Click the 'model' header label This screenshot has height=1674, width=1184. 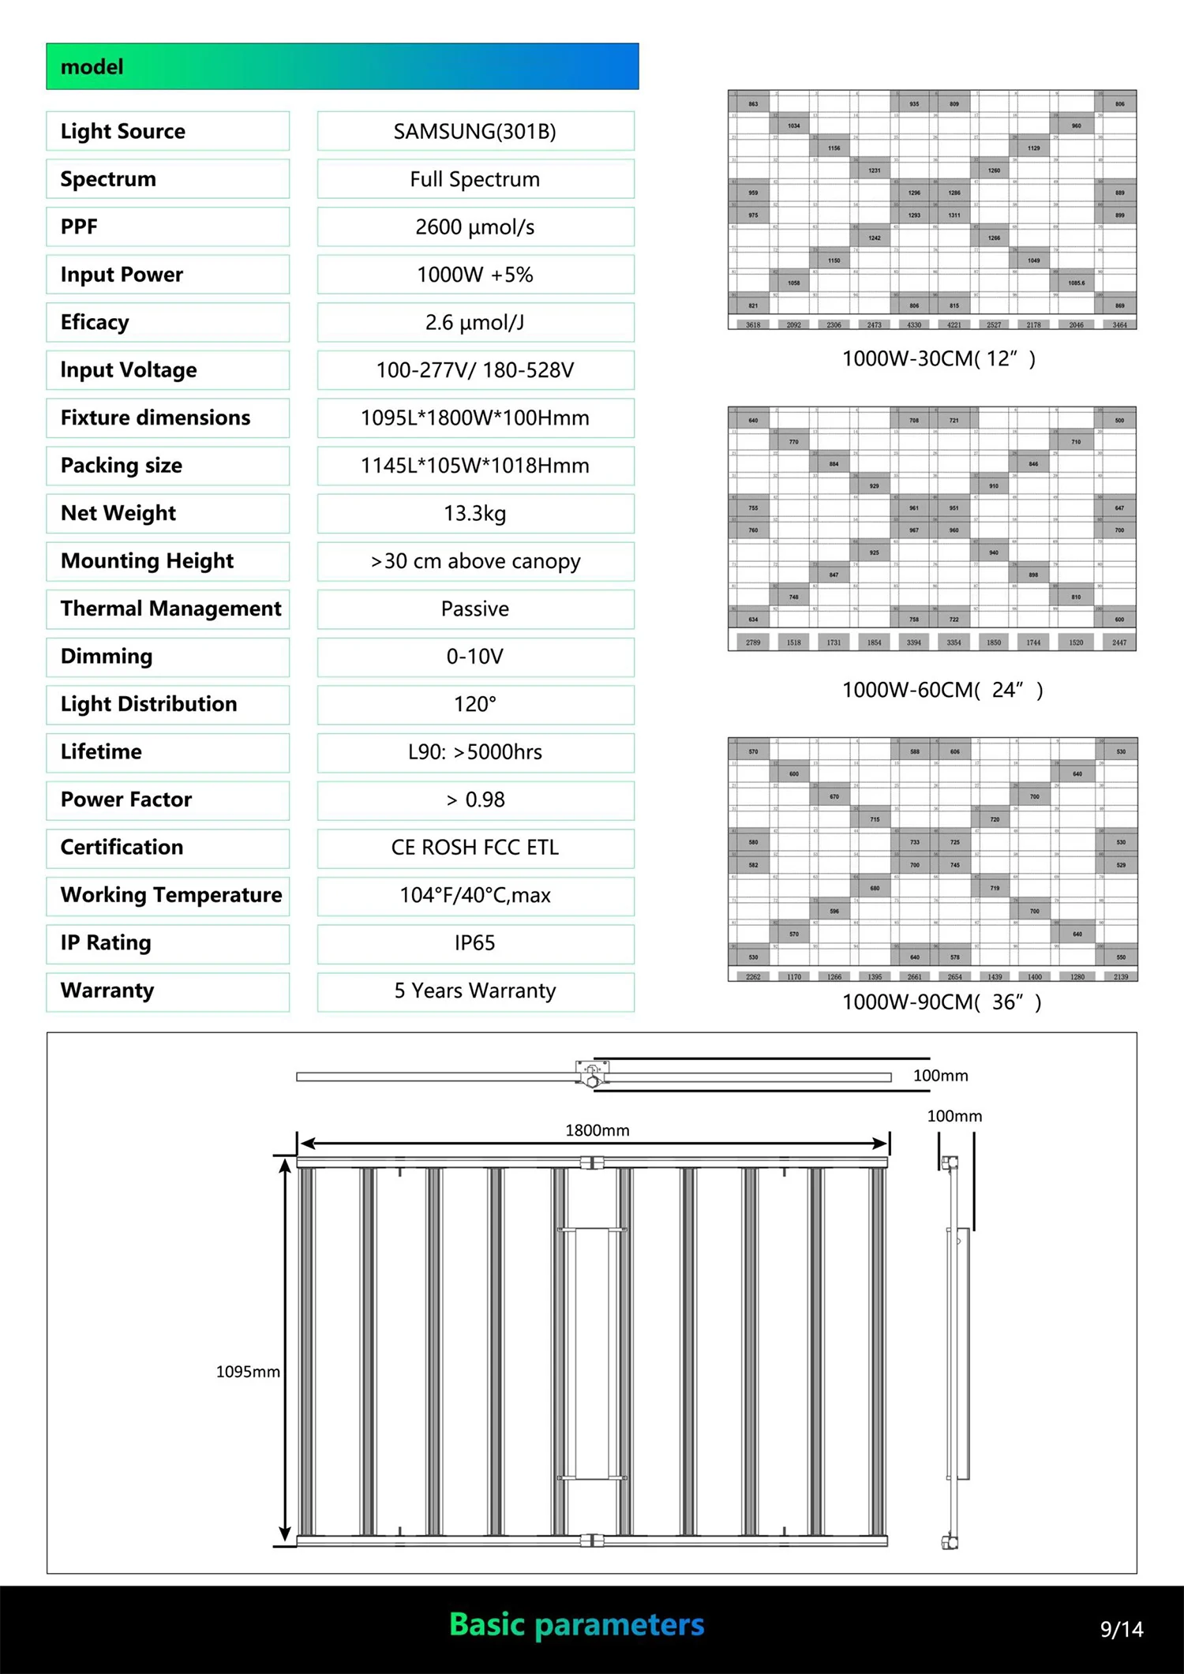(92, 67)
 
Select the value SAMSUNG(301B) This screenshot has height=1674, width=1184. (475, 131)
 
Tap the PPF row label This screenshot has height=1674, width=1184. (79, 227)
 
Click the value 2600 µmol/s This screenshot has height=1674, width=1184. (475, 227)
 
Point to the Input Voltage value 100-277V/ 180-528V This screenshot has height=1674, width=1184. (475, 370)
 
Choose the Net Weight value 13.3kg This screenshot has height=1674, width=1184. (475, 513)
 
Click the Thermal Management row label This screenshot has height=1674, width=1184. (170, 609)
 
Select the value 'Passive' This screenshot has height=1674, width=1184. (475, 609)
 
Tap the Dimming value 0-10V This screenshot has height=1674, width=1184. (475, 657)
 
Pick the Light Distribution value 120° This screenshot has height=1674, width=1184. (475, 704)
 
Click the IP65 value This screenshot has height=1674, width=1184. (475, 942)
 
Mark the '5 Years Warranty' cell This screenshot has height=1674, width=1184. (475, 991)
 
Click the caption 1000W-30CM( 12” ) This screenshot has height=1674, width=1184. (939, 359)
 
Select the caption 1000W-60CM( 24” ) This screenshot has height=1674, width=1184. (942, 691)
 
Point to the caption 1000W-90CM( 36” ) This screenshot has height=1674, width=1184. (942, 1002)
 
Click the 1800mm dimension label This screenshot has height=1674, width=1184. (598, 1130)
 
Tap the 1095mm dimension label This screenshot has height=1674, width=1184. (248, 1372)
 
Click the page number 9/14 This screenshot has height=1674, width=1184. (1122, 1629)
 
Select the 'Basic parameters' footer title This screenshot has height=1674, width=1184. (577, 1624)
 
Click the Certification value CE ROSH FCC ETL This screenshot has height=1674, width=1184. (475, 847)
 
